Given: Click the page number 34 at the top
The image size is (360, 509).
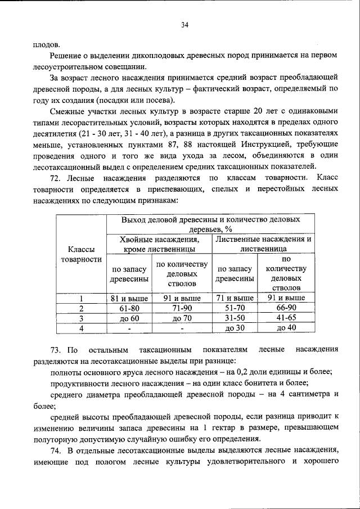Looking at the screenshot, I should [x=184, y=25].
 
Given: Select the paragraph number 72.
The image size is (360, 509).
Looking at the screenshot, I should [x=55, y=178].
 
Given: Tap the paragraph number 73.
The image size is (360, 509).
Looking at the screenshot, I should [x=55, y=349].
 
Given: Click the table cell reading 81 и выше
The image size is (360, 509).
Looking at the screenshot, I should [x=129, y=298].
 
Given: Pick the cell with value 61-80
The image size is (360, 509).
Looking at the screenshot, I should [x=129, y=308].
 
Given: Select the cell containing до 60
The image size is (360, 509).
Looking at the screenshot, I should [x=129, y=318].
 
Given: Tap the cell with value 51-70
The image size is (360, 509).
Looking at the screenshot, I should [x=235, y=308].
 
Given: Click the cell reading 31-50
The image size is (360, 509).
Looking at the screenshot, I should [x=235, y=318].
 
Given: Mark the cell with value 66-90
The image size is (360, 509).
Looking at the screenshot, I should [x=286, y=308].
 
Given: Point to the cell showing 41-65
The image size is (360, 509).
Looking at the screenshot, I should [x=286, y=318].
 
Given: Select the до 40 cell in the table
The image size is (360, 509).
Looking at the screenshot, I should [x=286, y=328].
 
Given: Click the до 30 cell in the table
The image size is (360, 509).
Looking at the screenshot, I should [x=235, y=328].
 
